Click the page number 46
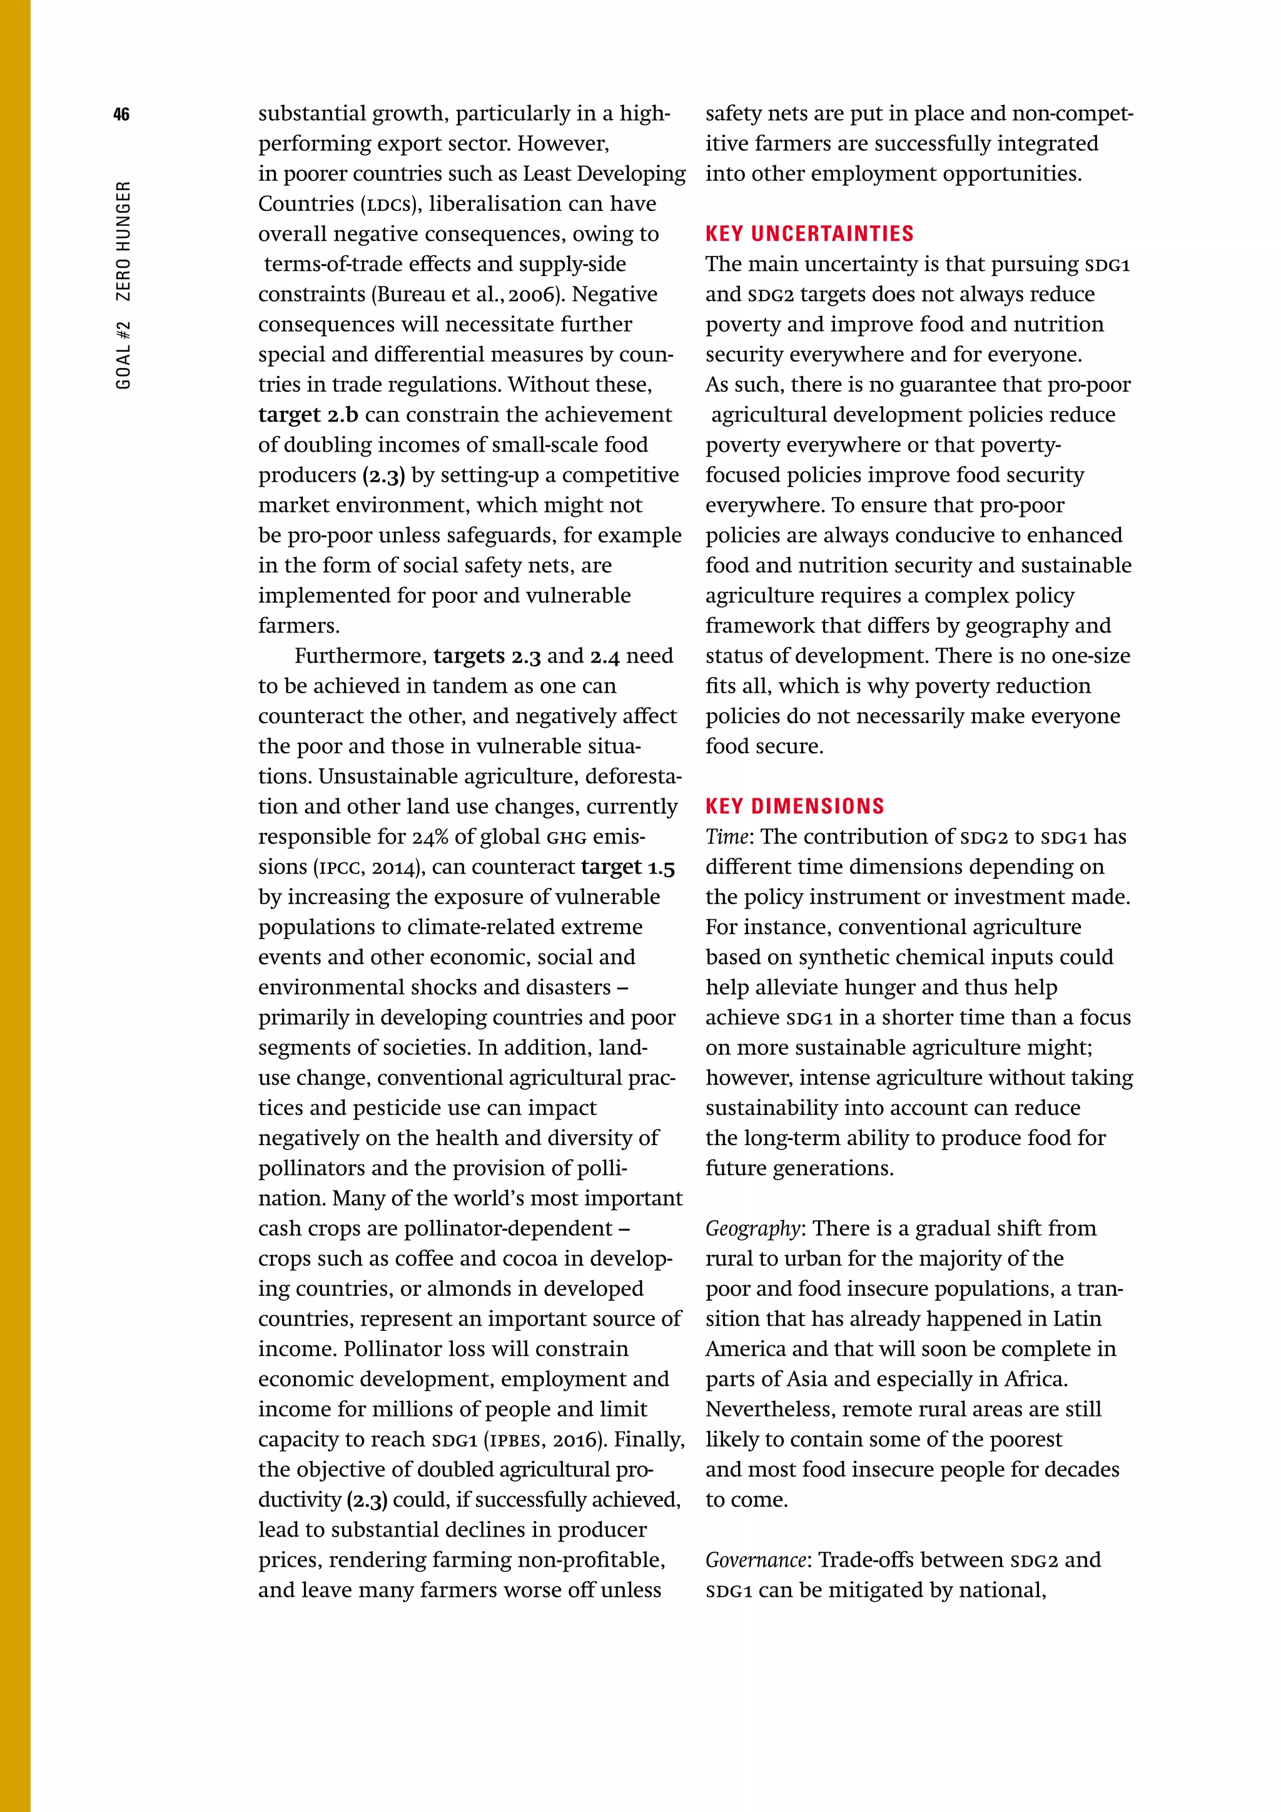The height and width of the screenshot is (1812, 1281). pyautogui.click(x=121, y=115)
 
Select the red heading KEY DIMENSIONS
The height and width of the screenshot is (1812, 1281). pyautogui.click(x=794, y=806)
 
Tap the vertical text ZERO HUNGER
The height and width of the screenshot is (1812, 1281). pyautogui.click(x=123, y=242)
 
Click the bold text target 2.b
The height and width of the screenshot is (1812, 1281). pyautogui.click(x=308, y=414)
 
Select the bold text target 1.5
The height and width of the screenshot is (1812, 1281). pyautogui.click(x=628, y=867)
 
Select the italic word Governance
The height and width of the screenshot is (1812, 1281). pyautogui.click(x=756, y=1560)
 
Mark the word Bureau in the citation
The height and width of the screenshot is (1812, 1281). pyautogui.click(x=411, y=294)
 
